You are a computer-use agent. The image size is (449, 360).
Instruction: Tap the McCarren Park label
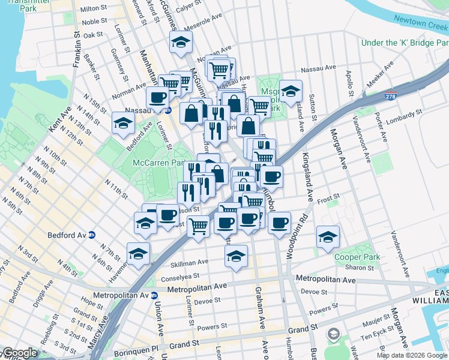click(x=158, y=163)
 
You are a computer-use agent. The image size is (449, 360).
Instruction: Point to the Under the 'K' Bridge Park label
click(x=405, y=43)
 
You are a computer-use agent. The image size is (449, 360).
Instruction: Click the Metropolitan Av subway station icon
click(x=154, y=295)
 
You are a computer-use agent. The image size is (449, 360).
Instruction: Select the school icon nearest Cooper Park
click(x=327, y=236)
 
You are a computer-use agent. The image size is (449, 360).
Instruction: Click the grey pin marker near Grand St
click(x=333, y=334)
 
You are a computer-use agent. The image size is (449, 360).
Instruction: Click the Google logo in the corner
click(x=20, y=353)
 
